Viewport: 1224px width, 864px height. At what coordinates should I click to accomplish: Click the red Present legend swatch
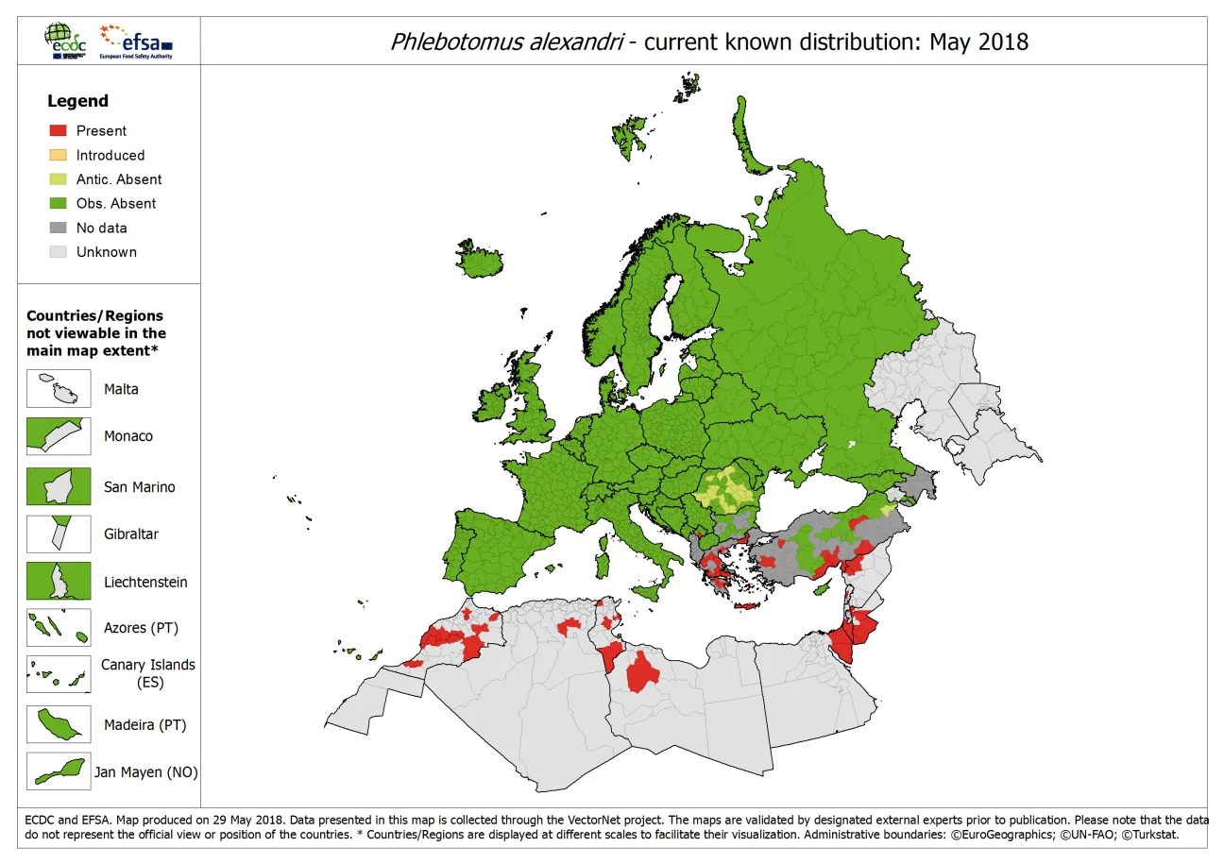(58, 131)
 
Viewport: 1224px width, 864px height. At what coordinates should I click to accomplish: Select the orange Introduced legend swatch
(58, 155)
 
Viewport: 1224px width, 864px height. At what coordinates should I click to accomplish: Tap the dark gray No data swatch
(58, 228)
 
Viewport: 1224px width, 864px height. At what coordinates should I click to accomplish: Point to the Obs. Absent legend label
(116, 203)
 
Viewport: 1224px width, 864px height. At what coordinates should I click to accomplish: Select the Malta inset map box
(59, 388)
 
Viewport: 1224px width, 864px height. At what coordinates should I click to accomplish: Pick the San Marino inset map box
(59, 486)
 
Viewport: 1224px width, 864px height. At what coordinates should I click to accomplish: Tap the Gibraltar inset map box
(59, 534)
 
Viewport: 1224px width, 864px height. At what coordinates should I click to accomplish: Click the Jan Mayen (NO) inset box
(59, 771)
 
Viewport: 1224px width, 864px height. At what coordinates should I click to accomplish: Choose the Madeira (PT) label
(145, 725)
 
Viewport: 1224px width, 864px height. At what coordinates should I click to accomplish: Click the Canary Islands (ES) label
(148, 672)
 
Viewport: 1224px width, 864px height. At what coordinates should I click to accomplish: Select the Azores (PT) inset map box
(59, 628)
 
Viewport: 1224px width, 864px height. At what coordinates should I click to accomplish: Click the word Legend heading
(77, 101)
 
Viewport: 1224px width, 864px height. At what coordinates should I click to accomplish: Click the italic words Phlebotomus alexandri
(505, 42)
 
